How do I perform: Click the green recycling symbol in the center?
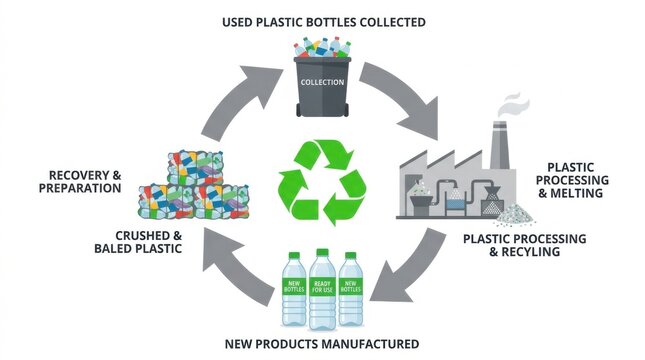[x=321, y=181]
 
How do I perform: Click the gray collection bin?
[x=321, y=90]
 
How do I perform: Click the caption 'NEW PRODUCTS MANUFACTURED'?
[x=321, y=344]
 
